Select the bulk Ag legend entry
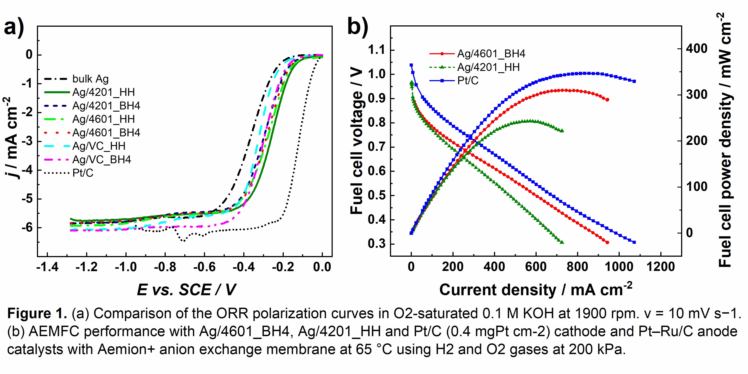(x=90, y=79)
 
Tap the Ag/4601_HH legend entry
(x=103, y=119)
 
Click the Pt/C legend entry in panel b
(x=468, y=81)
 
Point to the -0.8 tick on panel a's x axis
(x=165, y=267)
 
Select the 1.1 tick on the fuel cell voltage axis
(x=376, y=50)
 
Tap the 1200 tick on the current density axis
(x=661, y=267)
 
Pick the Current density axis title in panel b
(x=536, y=290)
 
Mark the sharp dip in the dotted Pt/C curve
(x=183, y=240)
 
